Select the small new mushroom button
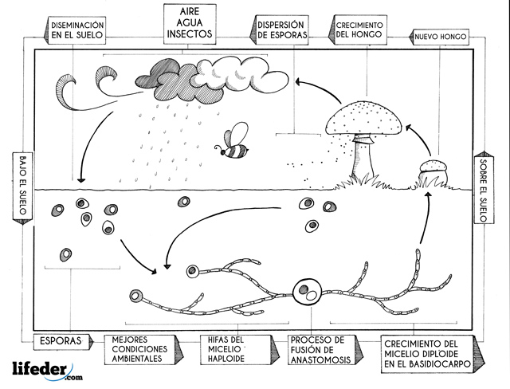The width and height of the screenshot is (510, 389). [x=434, y=167]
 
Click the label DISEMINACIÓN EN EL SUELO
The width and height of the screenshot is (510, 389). [x=79, y=29]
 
